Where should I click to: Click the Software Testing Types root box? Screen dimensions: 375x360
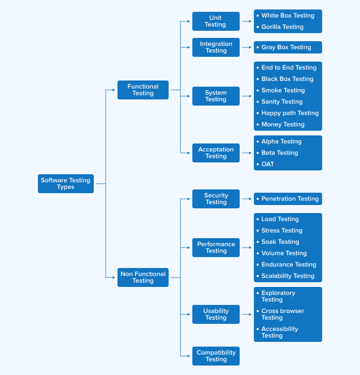coord(66,184)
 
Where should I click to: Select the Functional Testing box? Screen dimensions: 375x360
coord(143,90)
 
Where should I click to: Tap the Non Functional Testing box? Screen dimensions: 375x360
coord(143,277)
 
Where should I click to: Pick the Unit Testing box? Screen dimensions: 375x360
coord(216,21)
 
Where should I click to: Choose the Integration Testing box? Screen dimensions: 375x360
coord(216,47)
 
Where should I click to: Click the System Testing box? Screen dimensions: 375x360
coord(216,96)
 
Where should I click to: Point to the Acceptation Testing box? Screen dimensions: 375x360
coord(216,153)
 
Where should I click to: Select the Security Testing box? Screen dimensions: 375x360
coord(216,199)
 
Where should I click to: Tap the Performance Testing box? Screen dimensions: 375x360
coord(216,248)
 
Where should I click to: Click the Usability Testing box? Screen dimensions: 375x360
coord(216,314)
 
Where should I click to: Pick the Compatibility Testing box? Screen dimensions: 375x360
coord(216,356)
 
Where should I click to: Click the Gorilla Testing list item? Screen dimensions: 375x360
coord(282,27)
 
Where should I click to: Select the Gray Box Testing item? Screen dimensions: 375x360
coord(286,47)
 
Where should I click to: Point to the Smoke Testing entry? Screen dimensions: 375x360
coord(283,90)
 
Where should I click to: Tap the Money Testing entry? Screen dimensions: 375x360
coord(283,125)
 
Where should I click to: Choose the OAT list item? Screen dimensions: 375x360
coord(268,164)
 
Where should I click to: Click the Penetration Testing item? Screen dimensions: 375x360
coord(290,199)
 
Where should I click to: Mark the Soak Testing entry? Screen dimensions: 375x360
coord(280,242)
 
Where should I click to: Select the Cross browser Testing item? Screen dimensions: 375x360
coord(282,314)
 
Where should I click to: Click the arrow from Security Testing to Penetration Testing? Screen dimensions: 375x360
coord(247,199)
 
